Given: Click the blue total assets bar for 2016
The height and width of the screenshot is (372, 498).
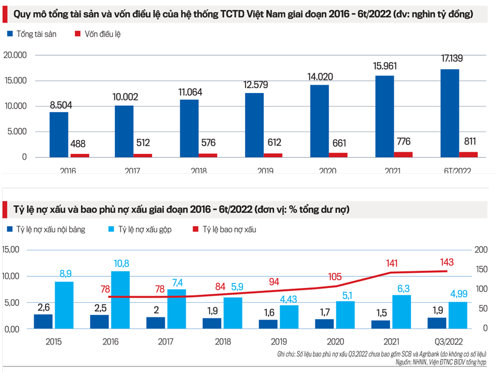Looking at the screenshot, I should coord(59,134).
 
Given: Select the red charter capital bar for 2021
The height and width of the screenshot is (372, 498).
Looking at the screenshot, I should coord(402,154).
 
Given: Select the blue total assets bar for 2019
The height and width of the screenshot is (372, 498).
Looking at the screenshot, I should coord(254,125).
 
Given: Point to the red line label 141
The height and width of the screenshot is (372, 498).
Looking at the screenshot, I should coord(391,262).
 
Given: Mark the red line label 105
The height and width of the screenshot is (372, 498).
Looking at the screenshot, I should coord(337,276).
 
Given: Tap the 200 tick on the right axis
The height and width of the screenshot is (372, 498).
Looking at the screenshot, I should coord(481,250).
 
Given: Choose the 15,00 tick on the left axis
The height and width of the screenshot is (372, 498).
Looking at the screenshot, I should coord(11,250).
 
